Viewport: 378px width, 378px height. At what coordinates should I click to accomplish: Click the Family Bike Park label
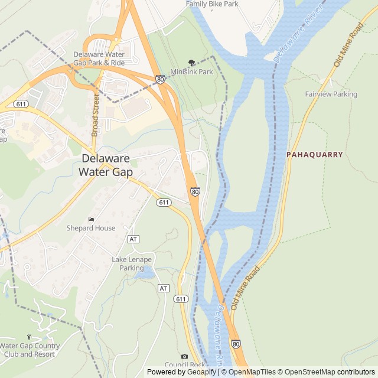[x=212, y=4]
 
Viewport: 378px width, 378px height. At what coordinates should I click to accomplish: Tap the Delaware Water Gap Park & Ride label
[x=99, y=58]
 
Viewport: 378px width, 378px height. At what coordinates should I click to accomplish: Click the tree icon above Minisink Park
[x=191, y=63]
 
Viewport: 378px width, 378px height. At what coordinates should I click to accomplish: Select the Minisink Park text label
[x=191, y=72]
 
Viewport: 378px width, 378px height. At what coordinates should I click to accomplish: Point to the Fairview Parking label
[x=331, y=94]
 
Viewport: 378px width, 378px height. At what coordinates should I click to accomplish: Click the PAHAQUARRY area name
[x=314, y=155]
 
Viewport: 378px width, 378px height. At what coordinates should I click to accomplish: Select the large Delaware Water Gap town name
[x=106, y=165]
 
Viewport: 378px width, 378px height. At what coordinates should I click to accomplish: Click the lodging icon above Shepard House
[x=90, y=220]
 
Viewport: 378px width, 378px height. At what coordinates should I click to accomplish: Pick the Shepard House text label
[x=90, y=228]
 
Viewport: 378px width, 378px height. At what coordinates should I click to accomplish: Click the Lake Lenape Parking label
[x=132, y=263]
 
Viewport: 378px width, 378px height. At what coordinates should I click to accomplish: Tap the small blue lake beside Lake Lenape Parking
[x=145, y=272]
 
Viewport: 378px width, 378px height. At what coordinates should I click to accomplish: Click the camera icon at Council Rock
[x=184, y=357]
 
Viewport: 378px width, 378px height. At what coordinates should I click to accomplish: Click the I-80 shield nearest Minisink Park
[x=161, y=79]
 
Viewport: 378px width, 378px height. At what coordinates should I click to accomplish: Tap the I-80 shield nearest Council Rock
[x=236, y=344]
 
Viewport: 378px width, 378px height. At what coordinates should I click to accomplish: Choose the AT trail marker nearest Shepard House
[x=133, y=239]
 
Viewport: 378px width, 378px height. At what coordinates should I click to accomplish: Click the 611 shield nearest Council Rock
[x=181, y=299]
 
